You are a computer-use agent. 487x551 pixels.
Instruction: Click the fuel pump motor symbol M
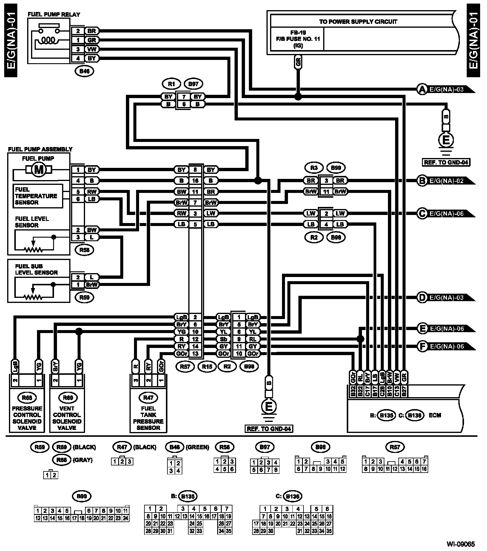39,170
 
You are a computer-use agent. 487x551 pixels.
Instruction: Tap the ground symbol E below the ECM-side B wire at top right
446,140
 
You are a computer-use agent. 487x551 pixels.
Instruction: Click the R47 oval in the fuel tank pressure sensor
148,397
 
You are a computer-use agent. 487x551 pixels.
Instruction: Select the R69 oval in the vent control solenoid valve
67,397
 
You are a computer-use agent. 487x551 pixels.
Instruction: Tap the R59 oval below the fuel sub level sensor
84,297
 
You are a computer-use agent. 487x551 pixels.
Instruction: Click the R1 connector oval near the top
171,84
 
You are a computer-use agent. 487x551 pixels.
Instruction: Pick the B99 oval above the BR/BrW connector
336,168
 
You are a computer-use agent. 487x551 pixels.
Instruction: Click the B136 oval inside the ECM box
415,415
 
